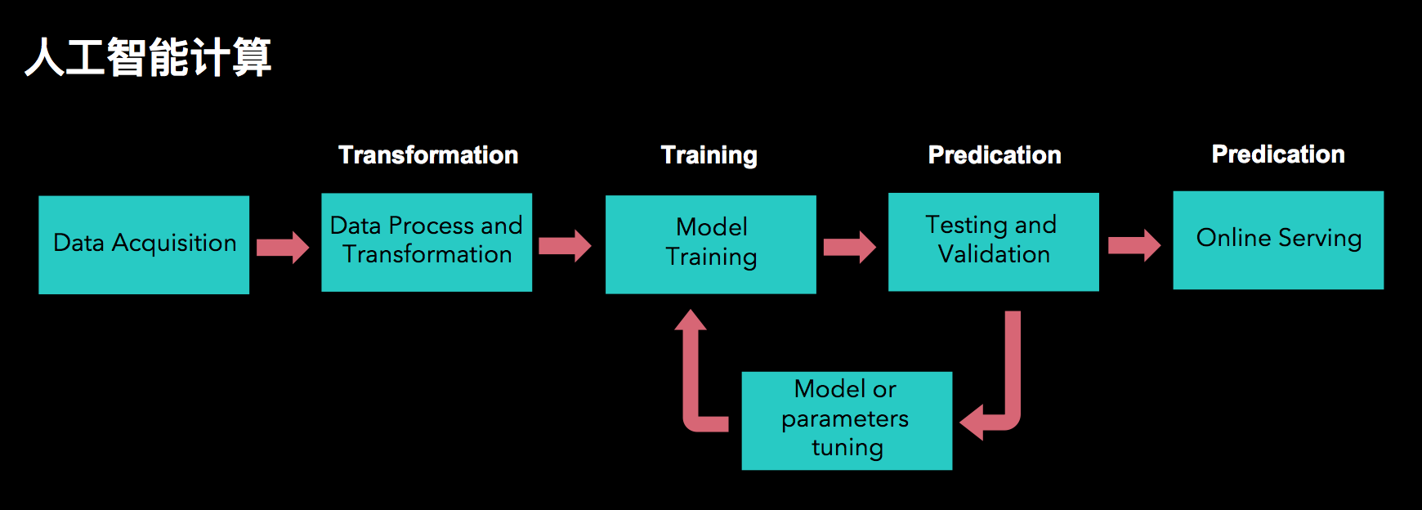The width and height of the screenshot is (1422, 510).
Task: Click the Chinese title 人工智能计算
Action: pos(148,57)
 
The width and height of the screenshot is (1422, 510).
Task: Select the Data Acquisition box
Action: pos(144,244)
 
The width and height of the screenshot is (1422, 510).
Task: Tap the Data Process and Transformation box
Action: pos(427,242)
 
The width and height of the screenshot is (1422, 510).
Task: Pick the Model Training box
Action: pos(711,244)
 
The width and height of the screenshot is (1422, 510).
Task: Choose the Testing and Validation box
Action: pos(994,242)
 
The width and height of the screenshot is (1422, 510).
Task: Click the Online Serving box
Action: pos(1278,240)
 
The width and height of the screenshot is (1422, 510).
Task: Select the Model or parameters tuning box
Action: pos(847,421)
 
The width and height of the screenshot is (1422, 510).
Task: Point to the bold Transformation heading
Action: pos(428,155)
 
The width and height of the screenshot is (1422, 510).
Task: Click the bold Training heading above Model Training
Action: pos(709,155)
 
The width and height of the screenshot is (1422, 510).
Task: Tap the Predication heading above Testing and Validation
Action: pos(995,155)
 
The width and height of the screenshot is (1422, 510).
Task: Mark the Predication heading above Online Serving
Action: pos(1278,154)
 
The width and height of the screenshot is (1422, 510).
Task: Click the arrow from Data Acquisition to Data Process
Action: pos(283,247)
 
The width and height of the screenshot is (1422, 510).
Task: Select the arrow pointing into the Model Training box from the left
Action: pos(565,245)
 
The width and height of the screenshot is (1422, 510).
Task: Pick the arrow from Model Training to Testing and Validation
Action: pos(850,247)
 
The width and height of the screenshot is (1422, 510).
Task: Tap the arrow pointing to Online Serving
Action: pos(1134,245)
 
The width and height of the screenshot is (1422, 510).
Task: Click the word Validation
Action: pos(994,255)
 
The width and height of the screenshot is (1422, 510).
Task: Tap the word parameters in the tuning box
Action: pos(845,420)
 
